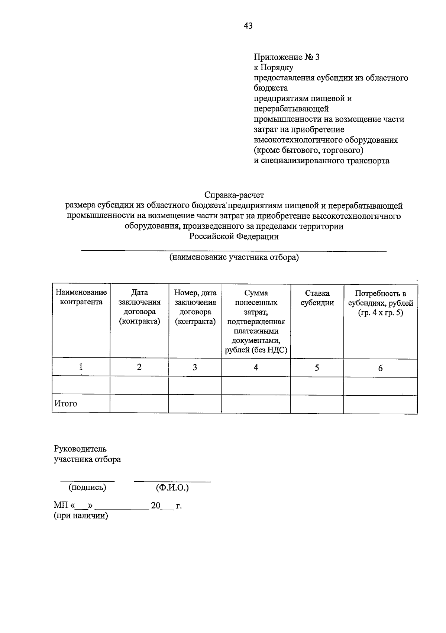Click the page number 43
pyautogui.click(x=248, y=26)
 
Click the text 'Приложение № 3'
pyautogui.click(x=286, y=57)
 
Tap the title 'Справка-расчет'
pyautogui.click(x=234, y=195)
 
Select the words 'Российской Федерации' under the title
pyautogui.click(x=234, y=237)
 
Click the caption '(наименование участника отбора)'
pyautogui.click(x=234, y=257)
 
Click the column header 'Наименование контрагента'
pyautogui.click(x=81, y=297)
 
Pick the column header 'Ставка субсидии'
pyautogui.click(x=317, y=298)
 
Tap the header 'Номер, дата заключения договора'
pyautogui.click(x=195, y=302)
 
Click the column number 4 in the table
pyautogui.click(x=256, y=367)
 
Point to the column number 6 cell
pyautogui.click(x=380, y=368)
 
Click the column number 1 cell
pyautogui.click(x=81, y=367)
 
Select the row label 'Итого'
pyautogui.click(x=66, y=404)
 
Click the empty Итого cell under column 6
pyautogui.click(x=380, y=404)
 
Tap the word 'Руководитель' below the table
pyautogui.click(x=80, y=449)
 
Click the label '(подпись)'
pyautogui.click(x=87, y=487)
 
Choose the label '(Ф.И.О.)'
pyautogui.click(x=172, y=488)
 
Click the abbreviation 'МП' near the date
pyautogui.click(x=60, y=506)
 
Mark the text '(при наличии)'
pyautogui.click(x=81, y=516)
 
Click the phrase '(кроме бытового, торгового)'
pyautogui.click(x=308, y=150)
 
